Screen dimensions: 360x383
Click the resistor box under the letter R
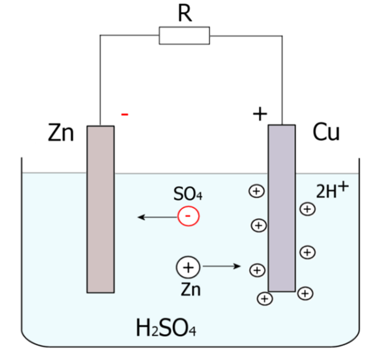point(185,35)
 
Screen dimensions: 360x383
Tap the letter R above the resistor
point(185,13)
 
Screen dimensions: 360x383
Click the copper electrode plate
point(282,208)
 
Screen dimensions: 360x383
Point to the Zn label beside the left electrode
point(61,133)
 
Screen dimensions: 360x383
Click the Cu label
point(326,133)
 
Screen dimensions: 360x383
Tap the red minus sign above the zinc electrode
point(124,114)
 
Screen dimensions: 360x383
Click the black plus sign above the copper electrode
point(259,113)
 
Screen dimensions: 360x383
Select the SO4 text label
point(187,194)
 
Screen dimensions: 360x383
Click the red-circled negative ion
point(188,216)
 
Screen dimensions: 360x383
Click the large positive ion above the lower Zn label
point(187,267)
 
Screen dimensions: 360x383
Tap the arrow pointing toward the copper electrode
point(222,266)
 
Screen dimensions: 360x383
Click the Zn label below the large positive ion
point(190,290)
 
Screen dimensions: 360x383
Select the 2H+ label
point(331,190)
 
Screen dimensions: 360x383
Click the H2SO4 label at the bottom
point(166,329)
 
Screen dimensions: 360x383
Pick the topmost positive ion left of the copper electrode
point(256,191)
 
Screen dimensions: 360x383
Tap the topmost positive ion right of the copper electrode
point(307,209)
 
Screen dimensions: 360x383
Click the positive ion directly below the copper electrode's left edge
point(264,298)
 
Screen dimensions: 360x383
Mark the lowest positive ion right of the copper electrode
point(305,293)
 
